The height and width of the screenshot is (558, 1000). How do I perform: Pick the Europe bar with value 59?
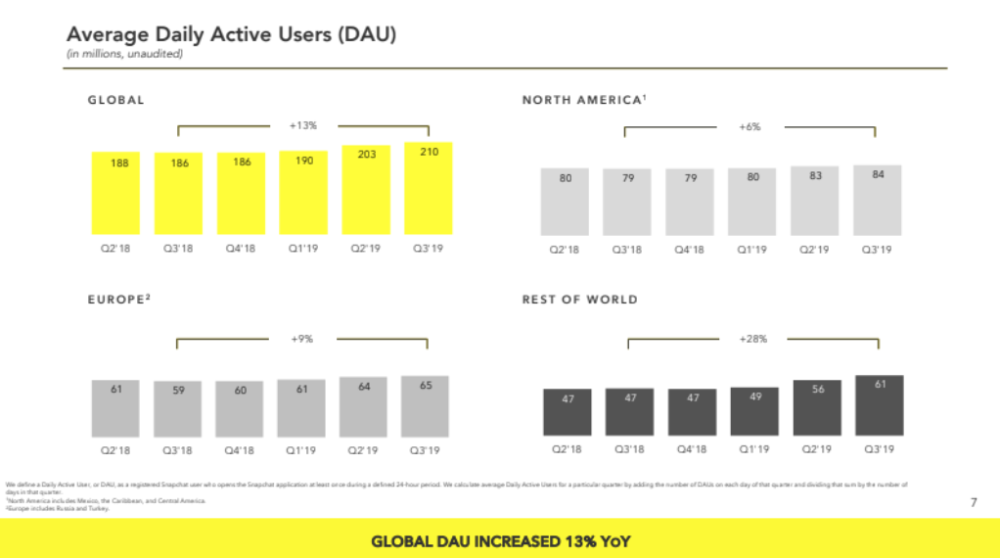coord(179,408)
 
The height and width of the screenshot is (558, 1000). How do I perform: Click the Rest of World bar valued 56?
coord(817,408)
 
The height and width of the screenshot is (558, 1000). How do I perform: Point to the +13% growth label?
coord(303,125)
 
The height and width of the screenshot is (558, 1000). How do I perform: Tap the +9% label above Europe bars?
coord(301,339)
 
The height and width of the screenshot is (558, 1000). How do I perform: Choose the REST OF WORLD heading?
coord(579,300)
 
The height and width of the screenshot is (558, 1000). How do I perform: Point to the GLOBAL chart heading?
coord(116,100)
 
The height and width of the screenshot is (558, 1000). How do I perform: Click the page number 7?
coord(973,502)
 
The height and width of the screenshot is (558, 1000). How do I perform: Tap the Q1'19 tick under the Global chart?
coord(304,249)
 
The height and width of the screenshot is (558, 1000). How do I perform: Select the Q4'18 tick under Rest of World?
coord(690,449)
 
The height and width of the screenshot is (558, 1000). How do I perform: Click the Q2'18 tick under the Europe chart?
coord(116,449)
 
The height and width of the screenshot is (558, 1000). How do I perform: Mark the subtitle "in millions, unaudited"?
coord(124,54)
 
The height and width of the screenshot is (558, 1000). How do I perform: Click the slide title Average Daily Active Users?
coord(231,34)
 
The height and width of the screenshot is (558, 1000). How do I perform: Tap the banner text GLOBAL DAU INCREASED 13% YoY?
coord(500,540)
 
